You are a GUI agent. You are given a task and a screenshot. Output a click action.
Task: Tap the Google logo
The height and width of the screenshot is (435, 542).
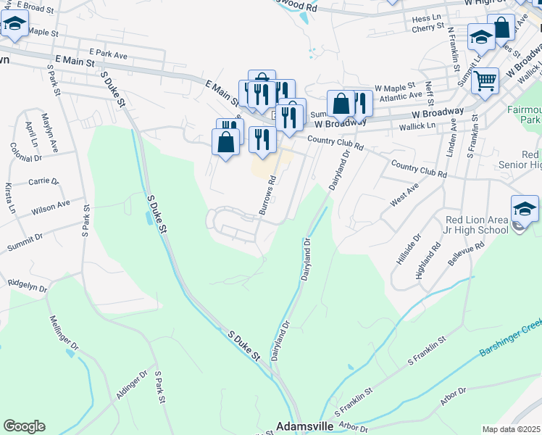(x=24, y=426)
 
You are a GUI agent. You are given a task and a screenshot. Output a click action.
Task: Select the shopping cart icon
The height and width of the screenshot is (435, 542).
(x=485, y=80)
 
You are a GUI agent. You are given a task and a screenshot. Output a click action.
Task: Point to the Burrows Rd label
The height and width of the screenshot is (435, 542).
(x=267, y=196)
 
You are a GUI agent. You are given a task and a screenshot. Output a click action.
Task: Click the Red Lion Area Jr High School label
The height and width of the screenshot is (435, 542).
(x=477, y=225)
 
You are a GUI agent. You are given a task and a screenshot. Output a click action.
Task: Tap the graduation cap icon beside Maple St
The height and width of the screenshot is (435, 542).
(x=14, y=26)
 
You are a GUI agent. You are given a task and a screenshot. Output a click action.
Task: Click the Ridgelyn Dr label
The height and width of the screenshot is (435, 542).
(x=27, y=286)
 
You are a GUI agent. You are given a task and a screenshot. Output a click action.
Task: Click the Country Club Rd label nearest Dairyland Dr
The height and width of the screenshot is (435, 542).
(x=335, y=143)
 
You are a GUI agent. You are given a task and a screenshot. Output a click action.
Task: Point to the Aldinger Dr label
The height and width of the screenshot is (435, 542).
(x=131, y=385)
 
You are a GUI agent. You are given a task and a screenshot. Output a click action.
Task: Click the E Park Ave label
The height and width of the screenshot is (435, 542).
(x=108, y=54)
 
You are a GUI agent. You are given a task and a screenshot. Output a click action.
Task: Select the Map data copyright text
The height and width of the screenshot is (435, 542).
(x=512, y=429)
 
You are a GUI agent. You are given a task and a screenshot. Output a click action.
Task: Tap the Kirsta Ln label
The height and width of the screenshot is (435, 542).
(x=9, y=196)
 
